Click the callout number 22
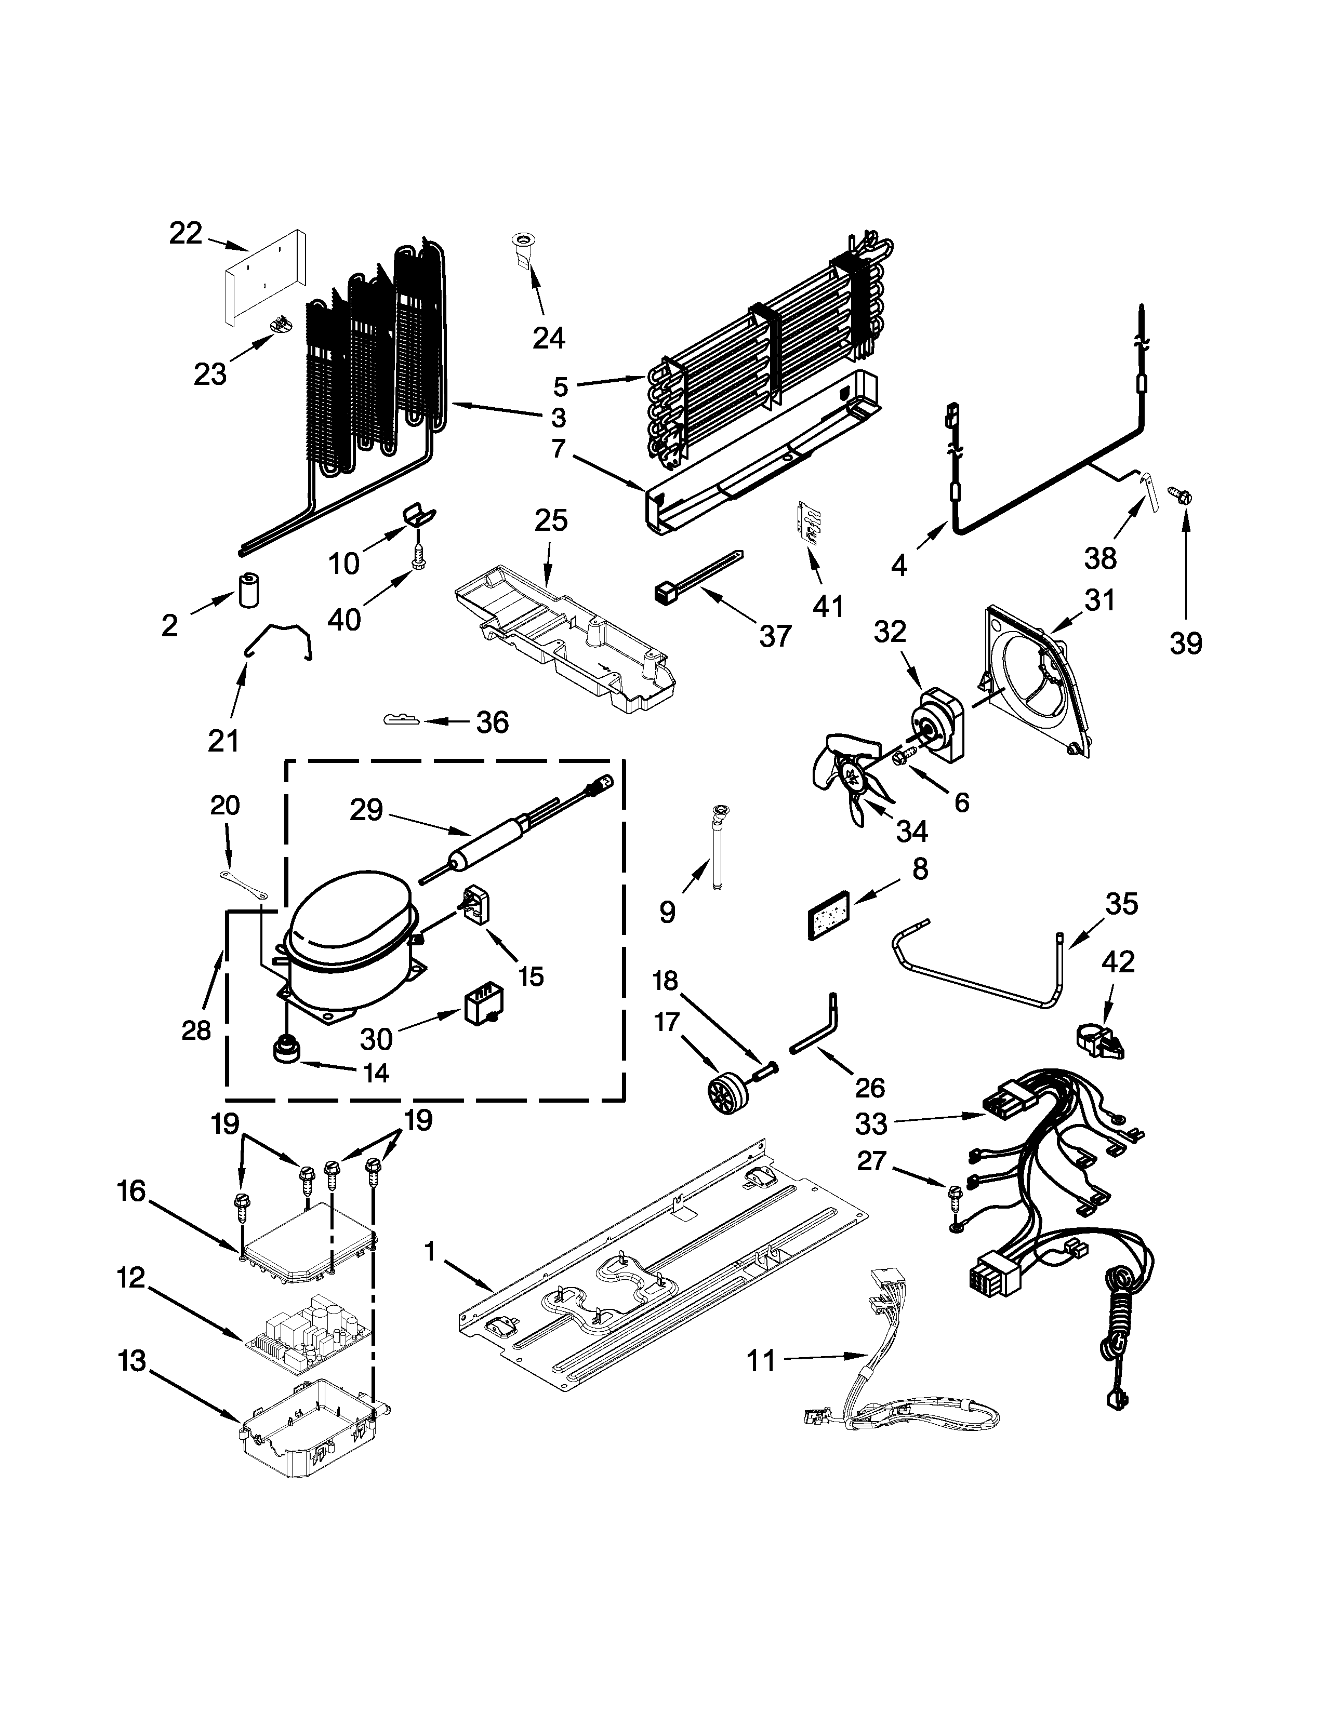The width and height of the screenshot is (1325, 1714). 186,234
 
